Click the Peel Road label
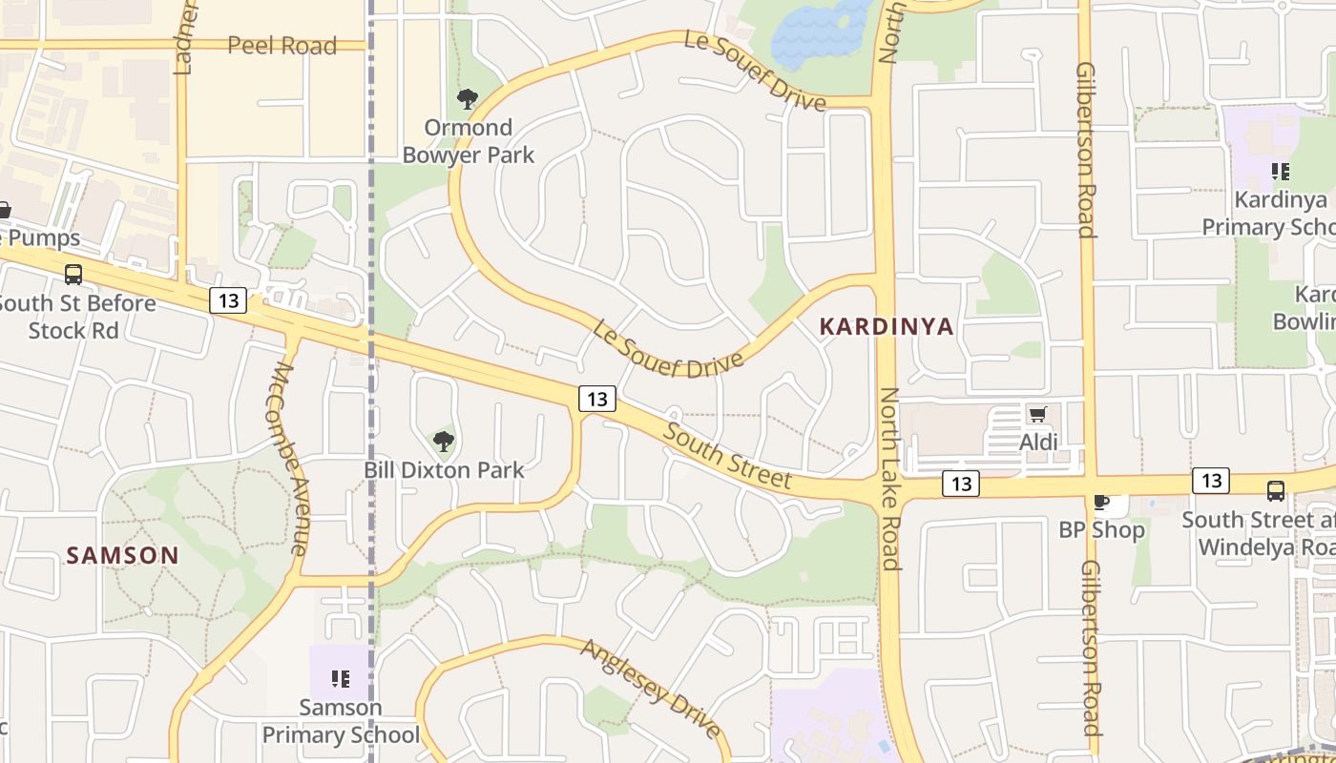click(x=282, y=46)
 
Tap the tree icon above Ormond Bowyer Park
click(x=467, y=99)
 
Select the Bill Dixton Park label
click(x=444, y=470)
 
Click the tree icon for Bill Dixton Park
click(x=443, y=441)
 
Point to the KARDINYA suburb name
click(x=887, y=327)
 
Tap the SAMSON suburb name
click(x=122, y=555)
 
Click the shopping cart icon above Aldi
click(x=1037, y=414)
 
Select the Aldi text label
click(x=1038, y=443)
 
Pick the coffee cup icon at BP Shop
click(x=1100, y=502)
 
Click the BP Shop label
click(x=1101, y=530)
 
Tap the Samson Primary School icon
click(x=340, y=679)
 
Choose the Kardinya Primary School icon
click(x=1280, y=172)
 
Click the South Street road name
click(x=727, y=456)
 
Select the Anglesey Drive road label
click(x=651, y=689)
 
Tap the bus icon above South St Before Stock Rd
click(x=73, y=275)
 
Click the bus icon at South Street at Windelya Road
click(x=1275, y=491)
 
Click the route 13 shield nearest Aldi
click(x=960, y=485)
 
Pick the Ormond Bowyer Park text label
click(x=468, y=141)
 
